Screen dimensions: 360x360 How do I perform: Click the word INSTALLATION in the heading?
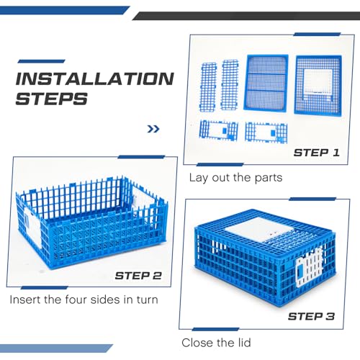95,78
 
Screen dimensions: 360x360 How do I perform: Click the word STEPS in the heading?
51,99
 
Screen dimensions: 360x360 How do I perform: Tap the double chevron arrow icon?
153,129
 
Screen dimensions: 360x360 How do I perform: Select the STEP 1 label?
317,153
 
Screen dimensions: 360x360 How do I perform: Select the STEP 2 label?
138,276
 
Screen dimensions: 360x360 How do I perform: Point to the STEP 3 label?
311,317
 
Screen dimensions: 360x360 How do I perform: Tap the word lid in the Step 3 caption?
244,343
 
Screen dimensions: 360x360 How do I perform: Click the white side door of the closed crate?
310,267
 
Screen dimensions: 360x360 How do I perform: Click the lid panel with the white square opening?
318,86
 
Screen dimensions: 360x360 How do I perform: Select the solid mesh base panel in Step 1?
266,83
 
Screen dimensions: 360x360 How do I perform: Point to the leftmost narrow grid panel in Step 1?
208,87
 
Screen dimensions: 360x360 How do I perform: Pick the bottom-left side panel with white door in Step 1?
218,130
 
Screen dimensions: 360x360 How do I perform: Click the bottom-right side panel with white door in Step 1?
266,132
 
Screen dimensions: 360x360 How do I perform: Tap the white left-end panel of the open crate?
32,227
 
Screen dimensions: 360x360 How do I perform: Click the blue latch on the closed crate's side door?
300,272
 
